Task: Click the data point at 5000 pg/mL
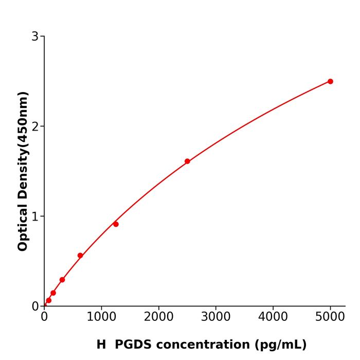(x=330, y=81)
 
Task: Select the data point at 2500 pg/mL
(x=187, y=161)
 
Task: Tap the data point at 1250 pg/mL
(x=116, y=224)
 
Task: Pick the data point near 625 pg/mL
(x=80, y=256)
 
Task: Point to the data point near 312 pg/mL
(x=62, y=280)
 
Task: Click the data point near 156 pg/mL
(x=53, y=293)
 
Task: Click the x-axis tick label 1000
(x=101, y=317)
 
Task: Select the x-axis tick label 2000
(x=158, y=317)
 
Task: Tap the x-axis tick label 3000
(x=215, y=317)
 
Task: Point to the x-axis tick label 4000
(x=273, y=317)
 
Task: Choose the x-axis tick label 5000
(x=330, y=317)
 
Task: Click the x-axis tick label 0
(x=44, y=317)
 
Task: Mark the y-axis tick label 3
(x=35, y=37)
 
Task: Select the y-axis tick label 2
(x=35, y=127)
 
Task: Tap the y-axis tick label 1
(x=35, y=217)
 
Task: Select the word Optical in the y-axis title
(x=23, y=227)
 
